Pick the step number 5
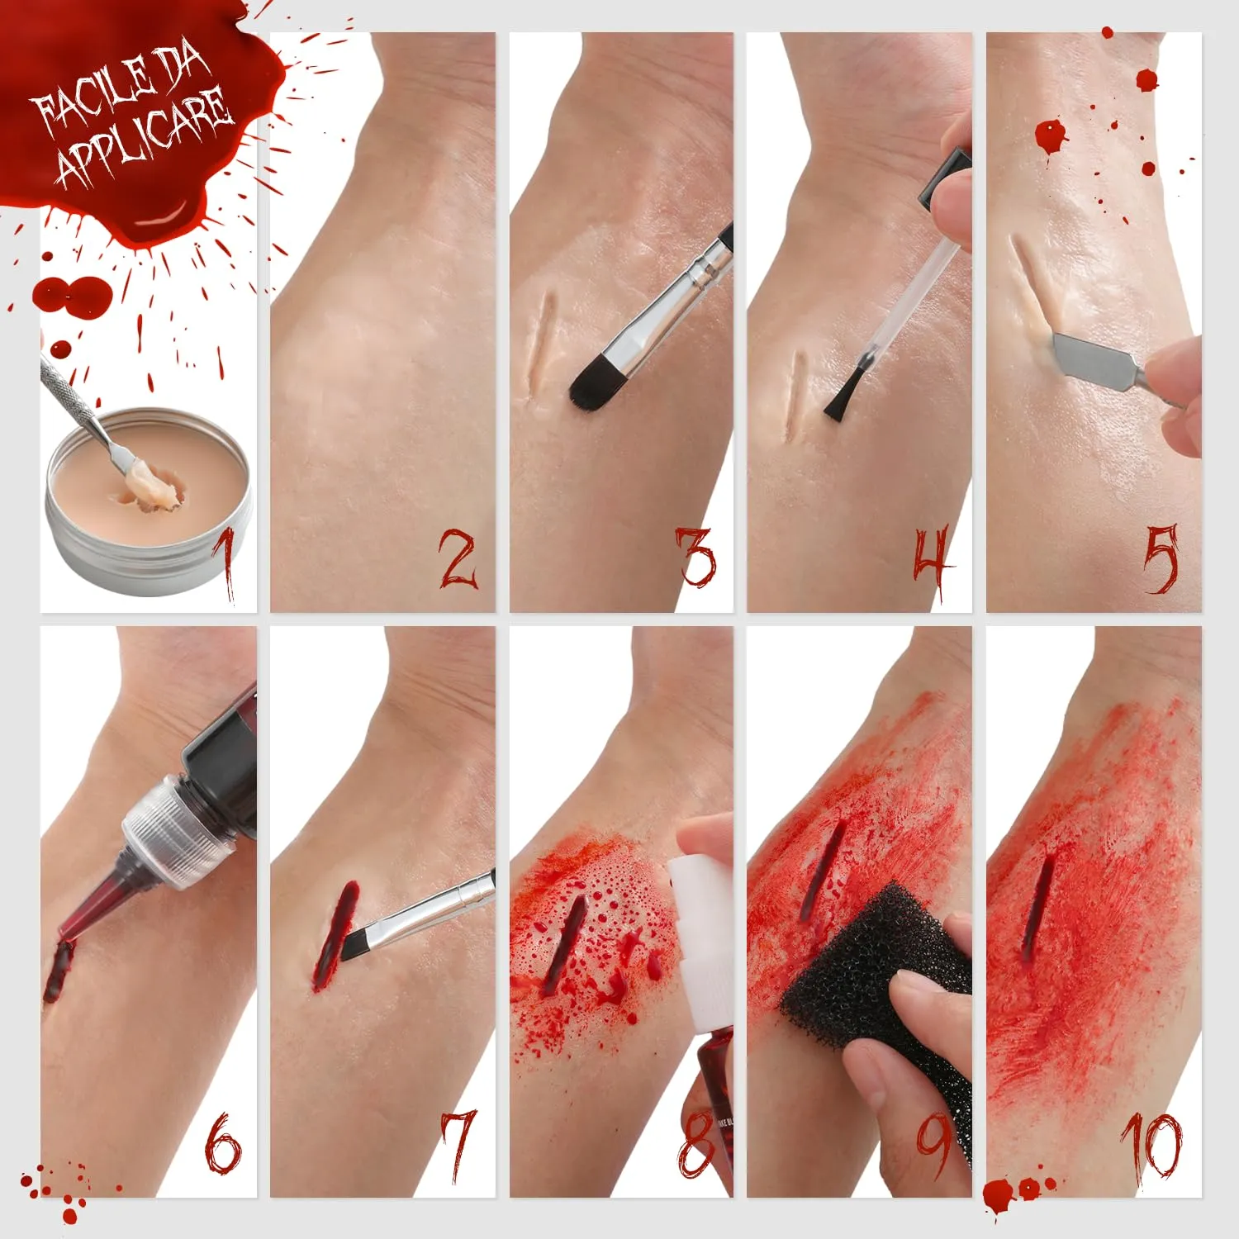[x=1161, y=559]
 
